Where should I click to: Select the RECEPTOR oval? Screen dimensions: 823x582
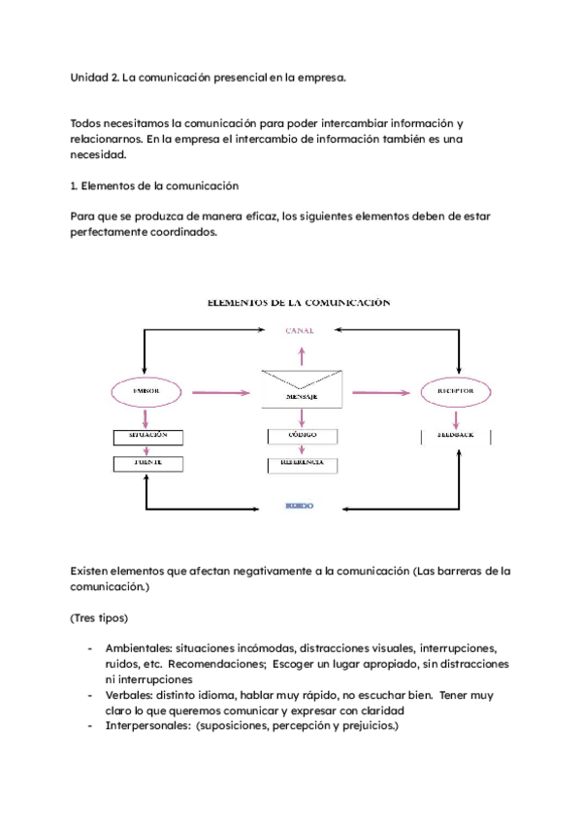454,391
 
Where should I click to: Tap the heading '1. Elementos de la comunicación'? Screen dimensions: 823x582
155,185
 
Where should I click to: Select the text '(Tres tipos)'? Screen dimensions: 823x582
100,617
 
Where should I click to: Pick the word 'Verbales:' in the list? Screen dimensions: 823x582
132,695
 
